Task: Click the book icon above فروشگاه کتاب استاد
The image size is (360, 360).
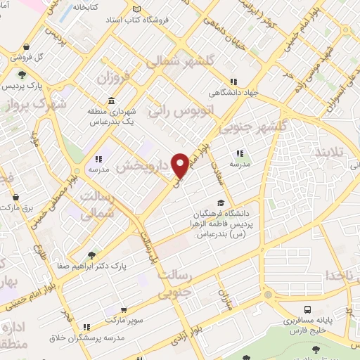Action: pos(136,10)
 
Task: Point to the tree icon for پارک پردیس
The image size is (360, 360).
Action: pos(22,74)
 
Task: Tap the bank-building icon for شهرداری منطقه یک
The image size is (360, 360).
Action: pos(112,98)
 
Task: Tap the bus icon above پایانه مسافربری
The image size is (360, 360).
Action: pos(308,309)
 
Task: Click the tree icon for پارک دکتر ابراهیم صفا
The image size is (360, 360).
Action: pos(91,256)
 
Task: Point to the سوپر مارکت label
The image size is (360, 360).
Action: pos(124,319)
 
